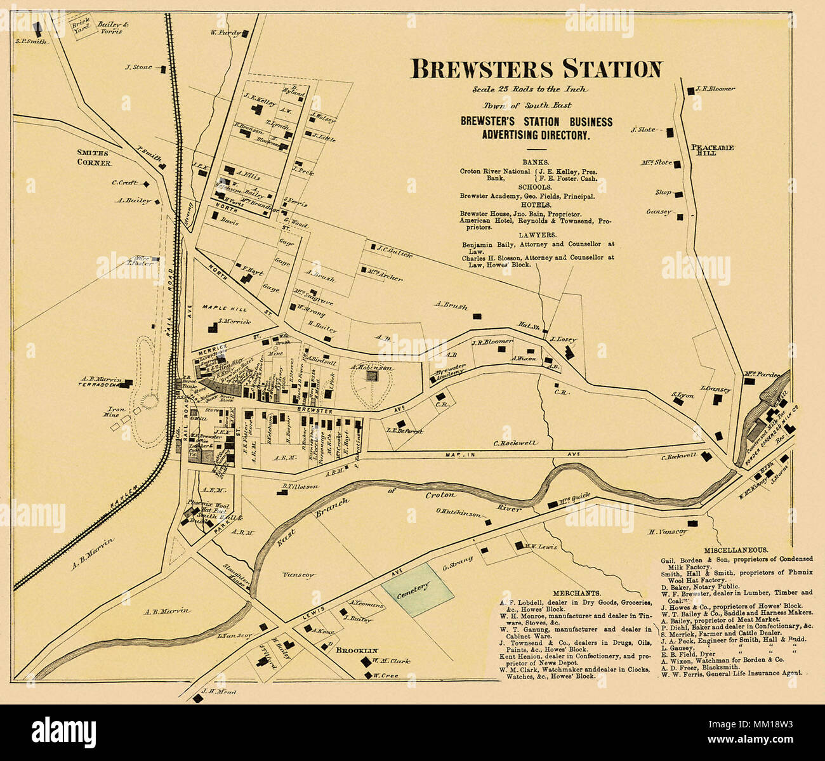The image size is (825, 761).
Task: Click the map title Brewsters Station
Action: click(x=536, y=69)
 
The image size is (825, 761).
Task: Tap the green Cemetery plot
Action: click(x=418, y=589)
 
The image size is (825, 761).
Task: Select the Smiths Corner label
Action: click(x=94, y=158)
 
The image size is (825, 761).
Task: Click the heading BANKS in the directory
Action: click(x=536, y=162)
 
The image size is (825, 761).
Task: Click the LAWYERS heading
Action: click(x=536, y=234)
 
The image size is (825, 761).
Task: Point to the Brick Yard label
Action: click(x=79, y=25)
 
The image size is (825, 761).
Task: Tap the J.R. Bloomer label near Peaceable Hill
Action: click(x=715, y=89)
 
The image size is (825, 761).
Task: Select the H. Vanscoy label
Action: click(x=667, y=533)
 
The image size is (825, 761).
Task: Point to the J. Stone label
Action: click(x=138, y=67)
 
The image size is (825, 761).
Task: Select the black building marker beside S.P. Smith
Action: click(x=37, y=29)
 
